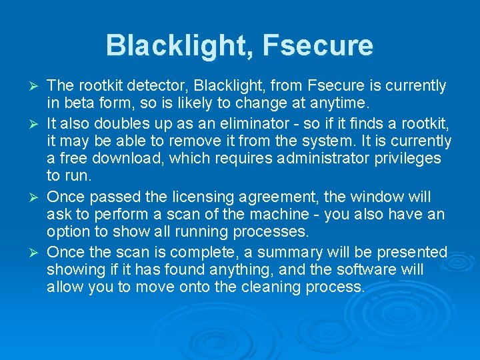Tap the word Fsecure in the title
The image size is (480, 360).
click(318, 45)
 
